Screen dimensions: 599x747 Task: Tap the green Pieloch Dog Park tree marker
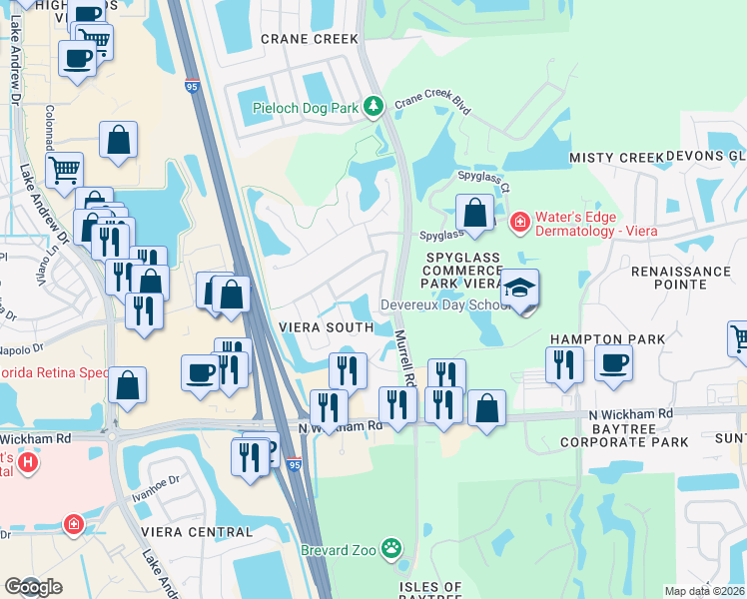[x=373, y=106]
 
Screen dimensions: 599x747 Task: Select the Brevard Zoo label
[x=342, y=549]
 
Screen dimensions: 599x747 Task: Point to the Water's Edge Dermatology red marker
[x=519, y=221]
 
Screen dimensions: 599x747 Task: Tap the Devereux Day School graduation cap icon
[x=519, y=288]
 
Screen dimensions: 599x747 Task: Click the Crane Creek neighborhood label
[x=309, y=39]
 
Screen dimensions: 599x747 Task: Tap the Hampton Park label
[x=621, y=339]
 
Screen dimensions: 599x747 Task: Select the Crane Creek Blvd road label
[x=431, y=103]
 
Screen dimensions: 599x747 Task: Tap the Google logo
[x=34, y=587]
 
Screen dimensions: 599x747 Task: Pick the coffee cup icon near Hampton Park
[x=613, y=363]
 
